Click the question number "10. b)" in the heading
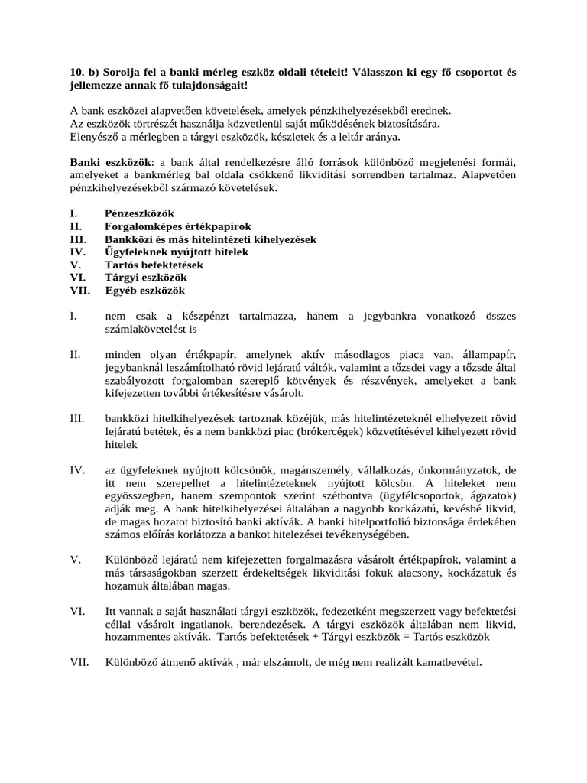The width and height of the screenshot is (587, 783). click(x=83, y=72)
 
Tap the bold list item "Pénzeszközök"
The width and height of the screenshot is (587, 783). click(x=139, y=213)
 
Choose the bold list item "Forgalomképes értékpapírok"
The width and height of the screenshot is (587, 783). click(x=177, y=226)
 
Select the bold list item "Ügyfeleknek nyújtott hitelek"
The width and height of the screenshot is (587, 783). click(x=177, y=252)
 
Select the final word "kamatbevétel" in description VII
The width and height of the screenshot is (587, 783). click(x=448, y=662)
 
